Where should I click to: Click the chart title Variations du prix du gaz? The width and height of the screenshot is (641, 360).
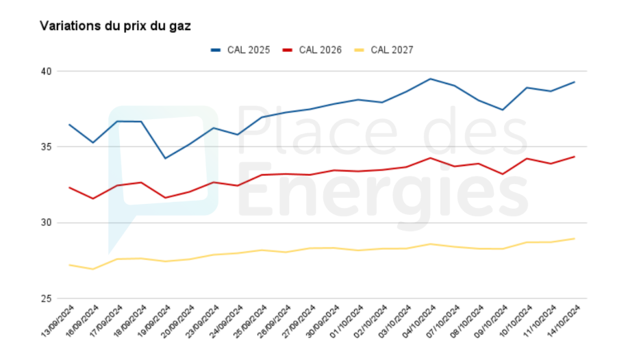coord(115,26)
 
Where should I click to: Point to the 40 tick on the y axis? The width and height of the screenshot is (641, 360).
coord(45,71)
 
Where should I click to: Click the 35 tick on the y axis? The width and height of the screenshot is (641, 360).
coord(45,147)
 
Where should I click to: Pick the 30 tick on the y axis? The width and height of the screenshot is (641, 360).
coord(45,223)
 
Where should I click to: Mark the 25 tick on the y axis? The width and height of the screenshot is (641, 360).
coord(45,299)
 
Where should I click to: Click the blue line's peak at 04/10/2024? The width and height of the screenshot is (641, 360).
coord(429,79)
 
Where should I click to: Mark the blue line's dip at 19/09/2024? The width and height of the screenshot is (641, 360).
coord(165,158)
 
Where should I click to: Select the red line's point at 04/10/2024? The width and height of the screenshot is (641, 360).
coord(429,158)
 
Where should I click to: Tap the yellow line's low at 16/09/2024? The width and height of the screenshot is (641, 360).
coord(93,269)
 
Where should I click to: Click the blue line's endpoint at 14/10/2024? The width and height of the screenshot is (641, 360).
coord(575,82)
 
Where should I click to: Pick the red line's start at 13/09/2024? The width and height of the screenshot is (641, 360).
coord(69,188)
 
